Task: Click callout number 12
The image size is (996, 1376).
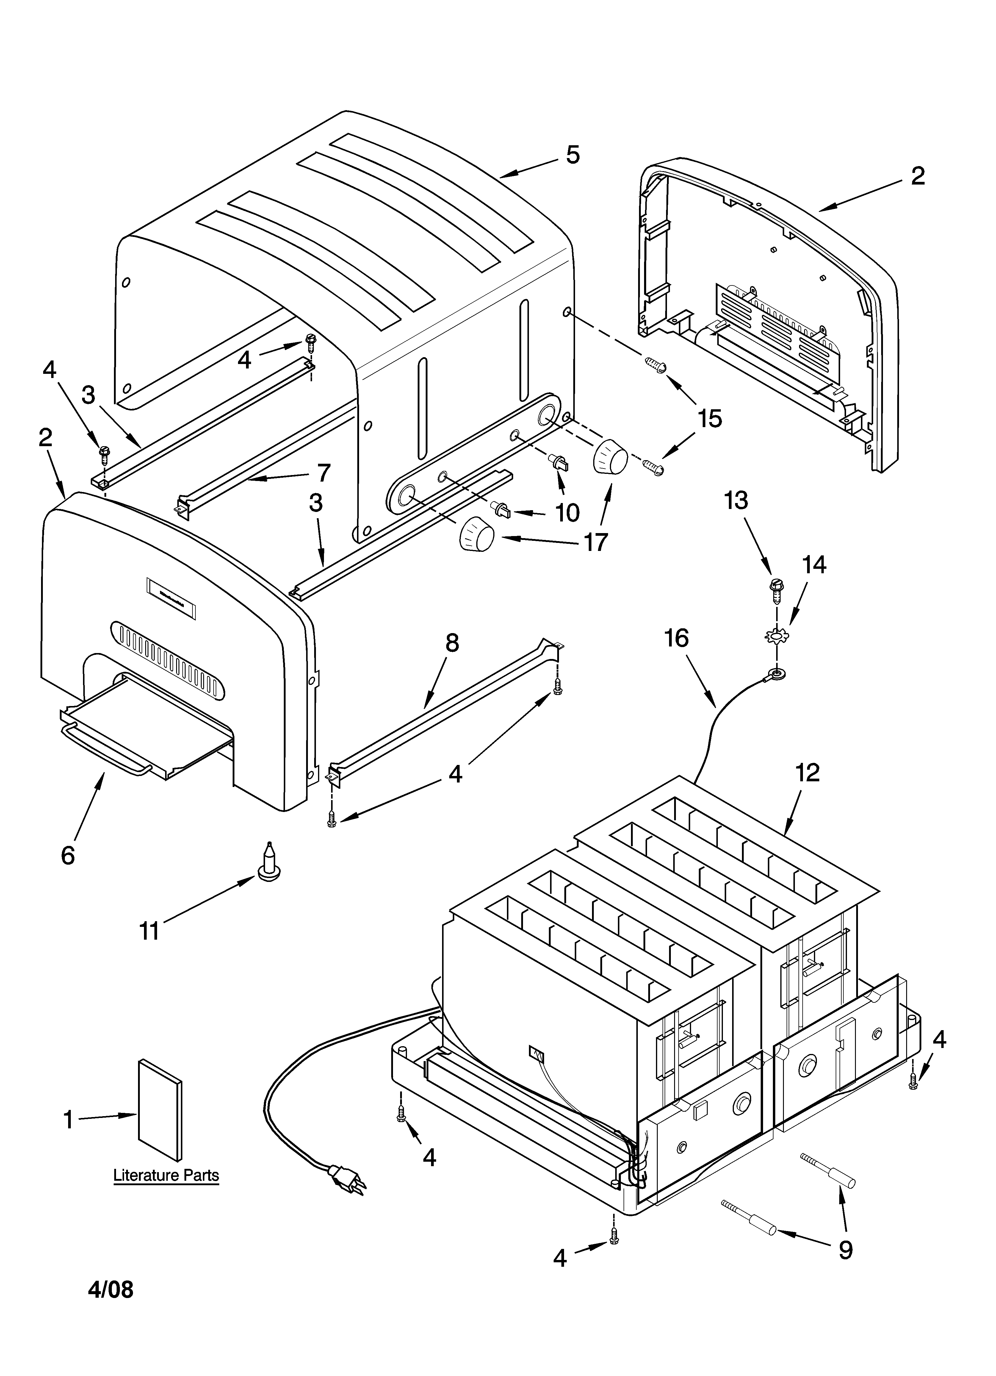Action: pyautogui.click(x=808, y=772)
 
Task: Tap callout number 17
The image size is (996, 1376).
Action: pyautogui.click(x=596, y=542)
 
